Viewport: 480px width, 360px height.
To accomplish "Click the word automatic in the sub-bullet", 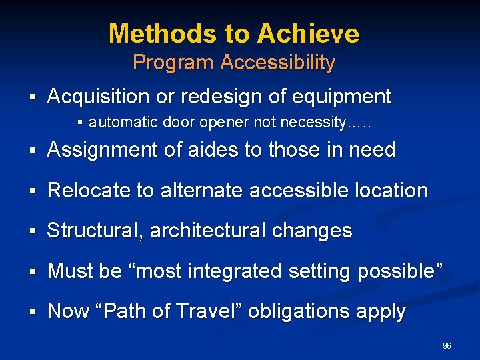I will point(115,123).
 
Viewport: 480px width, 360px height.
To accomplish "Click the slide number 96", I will point(447,346).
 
